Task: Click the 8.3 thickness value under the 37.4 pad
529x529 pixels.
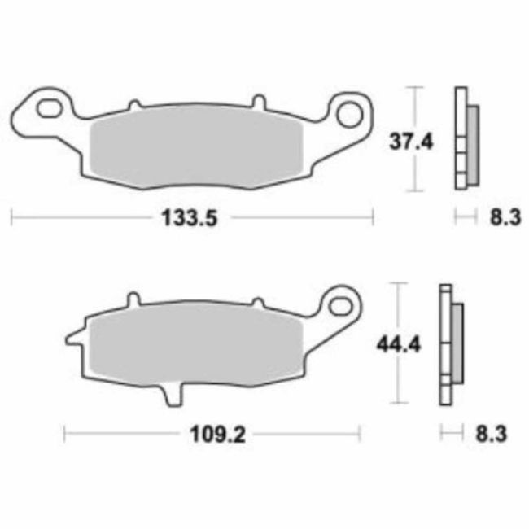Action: pos(496,217)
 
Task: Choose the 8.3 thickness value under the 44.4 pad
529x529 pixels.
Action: pos(492,435)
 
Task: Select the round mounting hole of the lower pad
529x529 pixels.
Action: pos(339,303)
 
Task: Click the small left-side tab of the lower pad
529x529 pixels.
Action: pos(72,334)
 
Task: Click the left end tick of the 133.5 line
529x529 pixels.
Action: pos(12,217)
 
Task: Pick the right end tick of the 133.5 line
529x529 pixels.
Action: pos(372,217)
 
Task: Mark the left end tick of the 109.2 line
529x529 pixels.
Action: pos(65,435)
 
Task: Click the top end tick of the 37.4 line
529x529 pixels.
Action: pos(415,85)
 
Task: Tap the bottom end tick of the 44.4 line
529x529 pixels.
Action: pos(396,403)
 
